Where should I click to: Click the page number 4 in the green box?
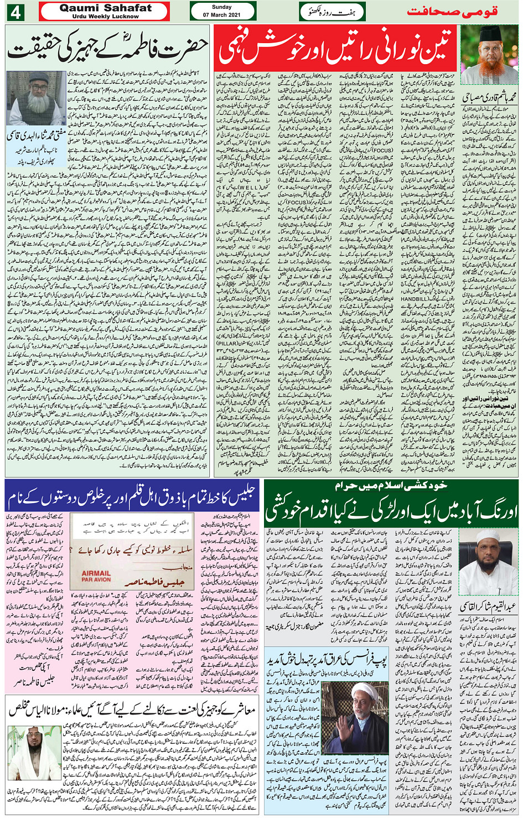[14, 12]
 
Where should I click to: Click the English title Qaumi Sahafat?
[105, 8]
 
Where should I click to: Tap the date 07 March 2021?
[222, 14]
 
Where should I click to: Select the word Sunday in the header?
[222, 7]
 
